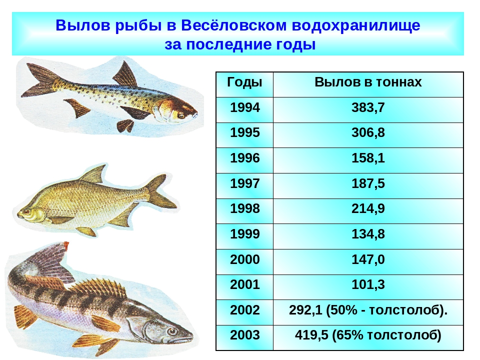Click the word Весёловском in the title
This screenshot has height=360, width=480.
pyautogui.click(x=234, y=25)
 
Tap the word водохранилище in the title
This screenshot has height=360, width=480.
pyautogui.click(x=356, y=25)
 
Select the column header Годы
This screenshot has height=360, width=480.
pyautogui.click(x=244, y=82)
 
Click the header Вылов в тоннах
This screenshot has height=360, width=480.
pyautogui.click(x=368, y=82)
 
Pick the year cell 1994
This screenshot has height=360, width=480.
pyautogui.click(x=245, y=107)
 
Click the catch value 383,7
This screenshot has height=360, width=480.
pyautogui.click(x=368, y=108)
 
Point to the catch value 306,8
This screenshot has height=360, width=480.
pyautogui.click(x=368, y=133)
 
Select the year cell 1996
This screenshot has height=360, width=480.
pyautogui.click(x=245, y=158)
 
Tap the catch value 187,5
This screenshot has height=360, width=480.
pyautogui.click(x=368, y=184)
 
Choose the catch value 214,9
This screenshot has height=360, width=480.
pyautogui.click(x=368, y=209)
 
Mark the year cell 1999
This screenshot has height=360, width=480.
pyautogui.click(x=245, y=234)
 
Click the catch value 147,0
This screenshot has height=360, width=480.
pyautogui.click(x=368, y=260)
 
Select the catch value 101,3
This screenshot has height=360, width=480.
pyautogui.click(x=368, y=285)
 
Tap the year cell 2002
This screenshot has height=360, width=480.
pyautogui.click(x=245, y=310)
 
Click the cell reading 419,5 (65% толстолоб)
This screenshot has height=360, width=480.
pyautogui.click(x=368, y=335)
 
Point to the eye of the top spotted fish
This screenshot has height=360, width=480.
pyautogui.click(x=181, y=116)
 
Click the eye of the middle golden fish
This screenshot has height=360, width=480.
pyautogui.click(x=25, y=212)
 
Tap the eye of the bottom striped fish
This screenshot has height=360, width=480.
pyautogui.click(x=172, y=331)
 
